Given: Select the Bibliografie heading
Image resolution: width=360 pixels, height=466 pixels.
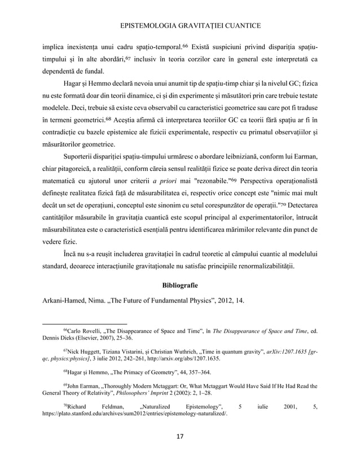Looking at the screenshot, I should point(180,283).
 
